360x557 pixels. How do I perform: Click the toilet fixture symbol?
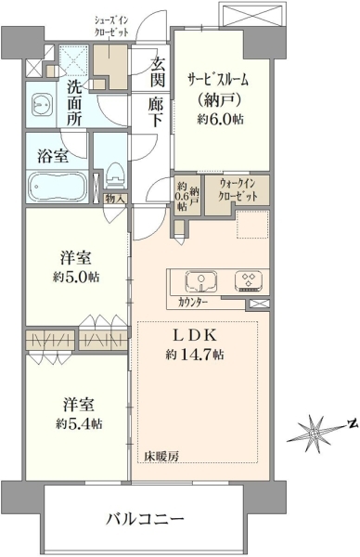114,175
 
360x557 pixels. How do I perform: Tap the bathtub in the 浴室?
58,187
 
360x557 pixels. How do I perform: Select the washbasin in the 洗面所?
43,104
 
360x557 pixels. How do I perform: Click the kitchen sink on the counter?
201,280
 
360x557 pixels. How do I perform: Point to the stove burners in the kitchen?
249,280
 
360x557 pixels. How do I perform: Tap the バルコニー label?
146,520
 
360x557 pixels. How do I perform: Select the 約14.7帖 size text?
194,355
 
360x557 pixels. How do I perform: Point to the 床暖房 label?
161,456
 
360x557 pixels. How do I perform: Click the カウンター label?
193,303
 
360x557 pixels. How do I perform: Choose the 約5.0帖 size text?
76,278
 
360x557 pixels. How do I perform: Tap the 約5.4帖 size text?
79,423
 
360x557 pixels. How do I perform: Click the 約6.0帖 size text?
221,119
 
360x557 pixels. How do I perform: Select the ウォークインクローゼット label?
238,190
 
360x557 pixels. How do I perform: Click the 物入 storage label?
115,199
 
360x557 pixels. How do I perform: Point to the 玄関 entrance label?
157,72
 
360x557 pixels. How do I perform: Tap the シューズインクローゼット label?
110,26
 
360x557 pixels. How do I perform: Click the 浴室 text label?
53,156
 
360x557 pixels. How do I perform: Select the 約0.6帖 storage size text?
182,196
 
